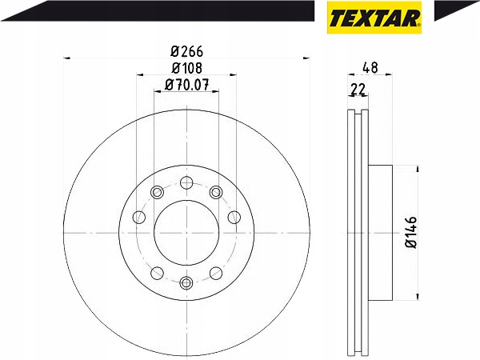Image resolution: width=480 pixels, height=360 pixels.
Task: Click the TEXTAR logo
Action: coord(374,18)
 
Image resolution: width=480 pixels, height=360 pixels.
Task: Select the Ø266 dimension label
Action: coord(186,51)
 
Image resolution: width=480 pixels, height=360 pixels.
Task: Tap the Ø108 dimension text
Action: coord(186,68)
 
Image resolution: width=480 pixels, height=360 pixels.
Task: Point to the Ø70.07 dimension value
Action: coord(186,85)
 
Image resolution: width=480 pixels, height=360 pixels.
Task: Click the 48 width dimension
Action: coord(370,68)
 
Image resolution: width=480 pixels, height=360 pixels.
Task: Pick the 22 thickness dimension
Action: coord(358,90)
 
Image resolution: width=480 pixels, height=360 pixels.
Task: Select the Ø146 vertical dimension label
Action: coord(411,232)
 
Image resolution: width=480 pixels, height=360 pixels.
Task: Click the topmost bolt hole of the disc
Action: coord(186,182)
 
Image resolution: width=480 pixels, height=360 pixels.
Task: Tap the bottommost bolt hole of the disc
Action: coord(186,282)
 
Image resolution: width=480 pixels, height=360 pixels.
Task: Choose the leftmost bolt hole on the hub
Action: coord(139,217)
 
